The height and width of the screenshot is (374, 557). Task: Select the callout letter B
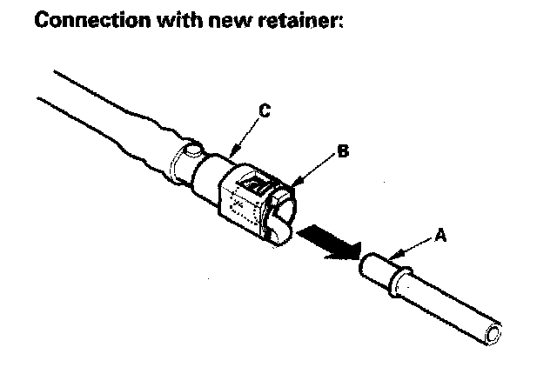pos(342,152)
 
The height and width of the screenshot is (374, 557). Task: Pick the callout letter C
pos(264,110)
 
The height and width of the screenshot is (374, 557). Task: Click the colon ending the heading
pos(344,21)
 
